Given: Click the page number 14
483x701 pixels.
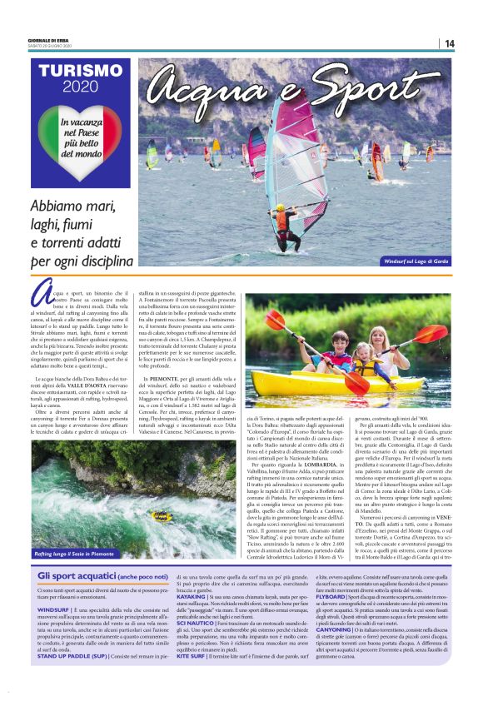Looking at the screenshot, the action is pyautogui.click(x=449, y=43).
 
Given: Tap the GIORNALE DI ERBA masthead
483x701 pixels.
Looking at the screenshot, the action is pyautogui.click(x=48, y=39).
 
